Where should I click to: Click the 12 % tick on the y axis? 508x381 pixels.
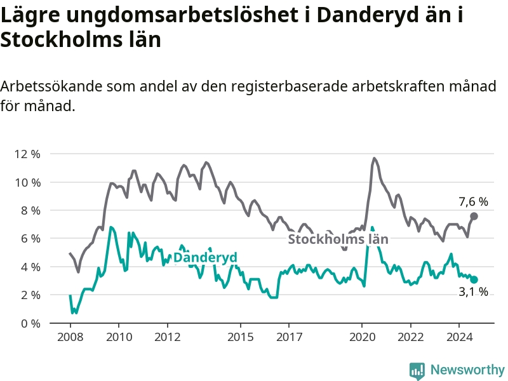[x=27, y=154]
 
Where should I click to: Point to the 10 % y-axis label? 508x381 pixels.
[x=27, y=182]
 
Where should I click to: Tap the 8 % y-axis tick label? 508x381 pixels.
[x=30, y=210]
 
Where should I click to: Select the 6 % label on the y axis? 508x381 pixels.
[x=30, y=238]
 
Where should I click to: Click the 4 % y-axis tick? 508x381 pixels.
[x=30, y=267]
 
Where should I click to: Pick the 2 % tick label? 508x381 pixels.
[x=30, y=295]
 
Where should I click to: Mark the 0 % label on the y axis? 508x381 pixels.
[x=30, y=323]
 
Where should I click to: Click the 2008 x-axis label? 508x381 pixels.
[x=70, y=337]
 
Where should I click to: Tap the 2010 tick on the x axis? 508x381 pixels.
[x=119, y=337]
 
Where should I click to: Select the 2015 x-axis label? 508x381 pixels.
[x=240, y=337]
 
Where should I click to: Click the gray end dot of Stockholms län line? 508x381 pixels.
[x=474, y=217]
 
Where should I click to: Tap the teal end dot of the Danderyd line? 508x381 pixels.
[x=474, y=279]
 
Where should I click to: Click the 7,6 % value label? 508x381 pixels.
[x=473, y=202]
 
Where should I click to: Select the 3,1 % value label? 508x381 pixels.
[x=473, y=292]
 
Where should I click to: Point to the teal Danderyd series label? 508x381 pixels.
[x=205, y=257]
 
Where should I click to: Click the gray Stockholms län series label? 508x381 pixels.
[x=338, y=239]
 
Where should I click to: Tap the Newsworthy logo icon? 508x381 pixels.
[x=417, y=370]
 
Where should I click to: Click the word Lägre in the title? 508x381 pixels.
[x=31, y=15]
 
